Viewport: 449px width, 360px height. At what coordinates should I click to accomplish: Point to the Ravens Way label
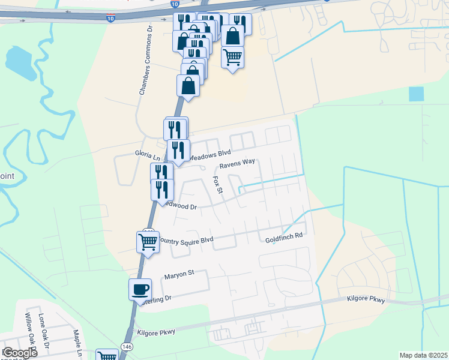237,163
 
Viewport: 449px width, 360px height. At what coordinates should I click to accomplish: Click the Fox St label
218,185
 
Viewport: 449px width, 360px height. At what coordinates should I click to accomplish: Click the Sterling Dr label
158,298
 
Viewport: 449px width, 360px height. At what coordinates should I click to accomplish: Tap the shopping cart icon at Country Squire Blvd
148,242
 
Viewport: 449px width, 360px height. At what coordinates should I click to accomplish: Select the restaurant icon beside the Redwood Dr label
162,190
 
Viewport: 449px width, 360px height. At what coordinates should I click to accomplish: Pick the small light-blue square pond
416,94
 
